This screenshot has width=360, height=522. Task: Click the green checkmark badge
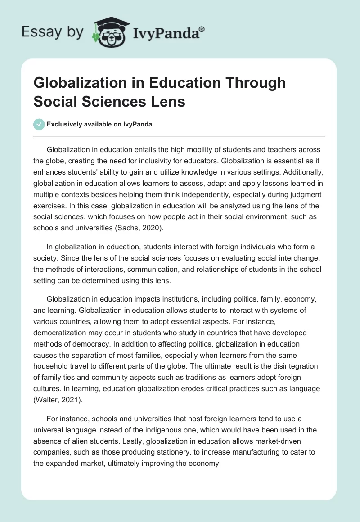pos(39,125)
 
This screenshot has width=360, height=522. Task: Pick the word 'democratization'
pos(61,333)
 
